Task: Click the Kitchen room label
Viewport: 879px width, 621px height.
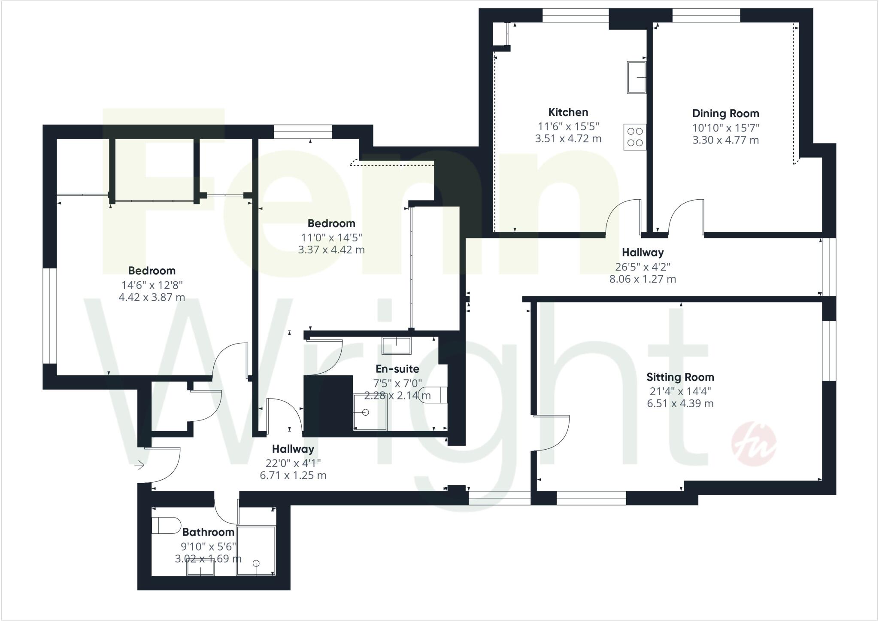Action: point(568,113)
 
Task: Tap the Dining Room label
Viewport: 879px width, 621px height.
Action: point(725,114)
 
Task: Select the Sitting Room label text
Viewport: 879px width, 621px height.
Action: point(680,377)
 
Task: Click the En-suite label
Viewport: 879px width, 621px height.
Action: point(397,369)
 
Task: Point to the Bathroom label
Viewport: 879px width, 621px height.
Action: point(208,532)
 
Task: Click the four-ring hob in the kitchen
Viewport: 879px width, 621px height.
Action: point(635,137)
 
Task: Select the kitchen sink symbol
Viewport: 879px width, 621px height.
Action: point(637,77)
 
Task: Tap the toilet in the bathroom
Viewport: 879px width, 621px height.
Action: point(166,525)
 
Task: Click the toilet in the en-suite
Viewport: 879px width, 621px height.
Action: point(433,394)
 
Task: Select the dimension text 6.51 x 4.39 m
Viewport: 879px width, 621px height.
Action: point(680,404)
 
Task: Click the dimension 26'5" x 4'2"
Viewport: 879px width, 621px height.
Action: point(643,267)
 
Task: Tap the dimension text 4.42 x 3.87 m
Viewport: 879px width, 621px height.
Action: point(152,297)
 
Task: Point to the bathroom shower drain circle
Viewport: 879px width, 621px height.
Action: point(256,563)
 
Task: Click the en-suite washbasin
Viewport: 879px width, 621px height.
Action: point(396,346)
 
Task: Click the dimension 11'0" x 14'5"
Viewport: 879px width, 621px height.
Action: point(331,237)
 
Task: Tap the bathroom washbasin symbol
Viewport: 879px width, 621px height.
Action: point(200,569)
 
